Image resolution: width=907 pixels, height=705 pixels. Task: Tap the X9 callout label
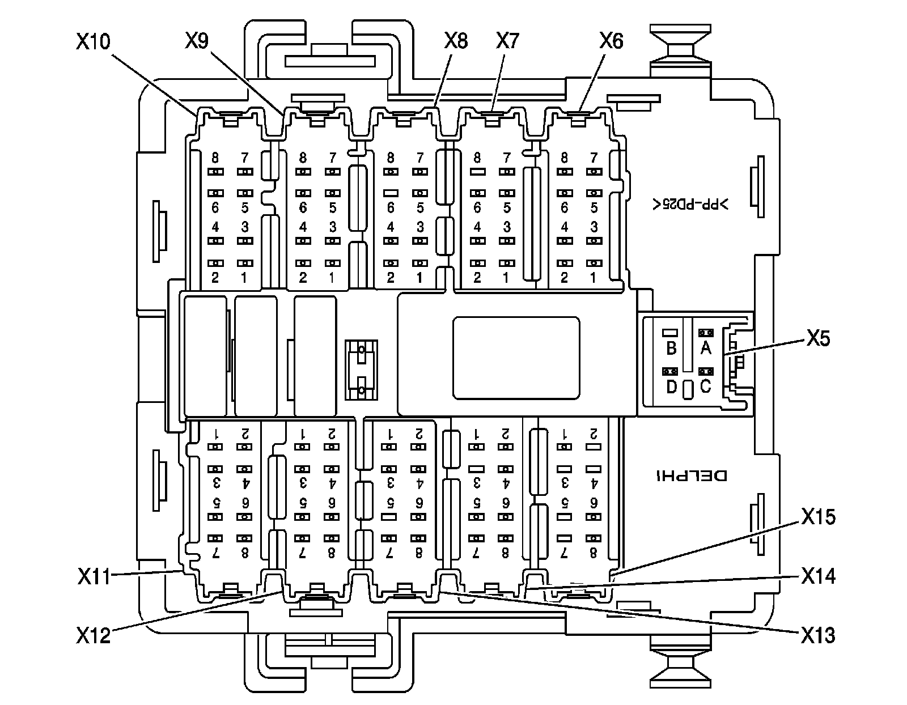[197, 41]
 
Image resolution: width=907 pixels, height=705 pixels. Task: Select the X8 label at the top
[456, 41]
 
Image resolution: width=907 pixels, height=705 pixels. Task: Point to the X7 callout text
[507, 41]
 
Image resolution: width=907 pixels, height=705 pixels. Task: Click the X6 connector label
[611, 41]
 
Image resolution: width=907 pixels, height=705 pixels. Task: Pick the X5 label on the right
[818, 339]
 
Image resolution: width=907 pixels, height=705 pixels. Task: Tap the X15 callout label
[818, 517]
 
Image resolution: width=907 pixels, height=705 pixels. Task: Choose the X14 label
[818, 576]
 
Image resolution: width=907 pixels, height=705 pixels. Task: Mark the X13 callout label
[818, 635]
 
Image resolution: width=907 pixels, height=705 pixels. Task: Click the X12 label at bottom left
[94, 635]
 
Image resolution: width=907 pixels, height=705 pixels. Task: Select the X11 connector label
[94, 576]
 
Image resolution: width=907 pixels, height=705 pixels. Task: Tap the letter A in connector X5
[705, 347]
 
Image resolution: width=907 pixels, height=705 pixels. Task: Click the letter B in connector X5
[671, 347]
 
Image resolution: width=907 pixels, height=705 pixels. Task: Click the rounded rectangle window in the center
[516, 358]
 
